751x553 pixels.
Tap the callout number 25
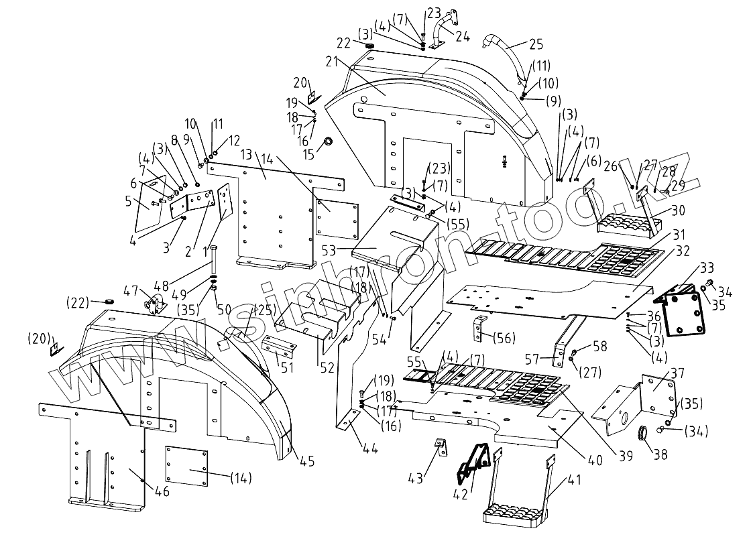(x=536, y=46)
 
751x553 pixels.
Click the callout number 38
(x=660, y=454)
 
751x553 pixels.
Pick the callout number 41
(x=574, y=481)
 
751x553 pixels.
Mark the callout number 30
(x=678, y=210)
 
